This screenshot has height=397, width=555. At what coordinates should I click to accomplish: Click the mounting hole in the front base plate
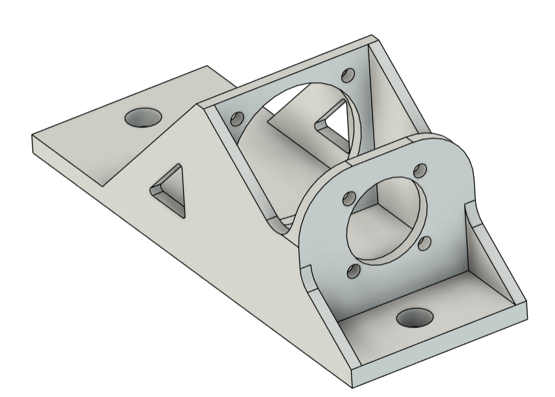point(414,317)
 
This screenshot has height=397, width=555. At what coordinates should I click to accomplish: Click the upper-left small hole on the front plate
point(350,197)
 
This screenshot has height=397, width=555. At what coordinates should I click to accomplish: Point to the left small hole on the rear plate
point(237,118)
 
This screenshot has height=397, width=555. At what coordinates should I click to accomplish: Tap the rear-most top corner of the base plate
point(207,66)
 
